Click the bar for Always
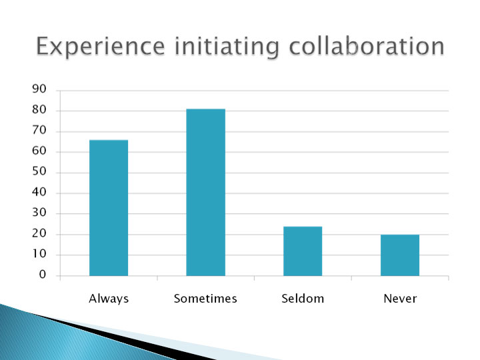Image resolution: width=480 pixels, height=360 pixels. point(109,208)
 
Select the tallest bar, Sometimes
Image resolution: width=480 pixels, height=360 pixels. point(206,192)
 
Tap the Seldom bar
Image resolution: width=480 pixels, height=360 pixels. point(303,251)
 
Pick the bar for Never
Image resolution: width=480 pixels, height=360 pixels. point(400,255)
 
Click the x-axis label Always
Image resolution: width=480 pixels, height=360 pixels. point(109,299)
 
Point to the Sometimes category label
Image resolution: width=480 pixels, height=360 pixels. point(205,299)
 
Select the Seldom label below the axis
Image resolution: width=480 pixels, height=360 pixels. point(303,299)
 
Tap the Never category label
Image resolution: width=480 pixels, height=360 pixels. point(400,299)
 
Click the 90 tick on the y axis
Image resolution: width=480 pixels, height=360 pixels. point(39,89)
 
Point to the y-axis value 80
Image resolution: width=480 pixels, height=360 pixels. point(39,109)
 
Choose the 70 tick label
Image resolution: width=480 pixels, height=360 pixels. point(39,131)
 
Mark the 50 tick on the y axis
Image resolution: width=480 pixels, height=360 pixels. point(39,171)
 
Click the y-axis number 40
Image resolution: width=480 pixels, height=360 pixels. point(39,192)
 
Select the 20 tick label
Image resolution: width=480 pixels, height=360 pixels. point(39,233)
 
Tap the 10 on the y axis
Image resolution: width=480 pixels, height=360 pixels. point(39,254)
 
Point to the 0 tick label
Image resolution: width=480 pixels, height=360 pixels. point(43,274)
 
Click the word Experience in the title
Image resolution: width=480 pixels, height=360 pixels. point(101,47)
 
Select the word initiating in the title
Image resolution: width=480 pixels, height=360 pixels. point(227,47)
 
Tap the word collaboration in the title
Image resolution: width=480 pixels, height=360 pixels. point(367,46)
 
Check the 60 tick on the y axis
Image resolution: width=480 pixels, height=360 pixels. point(39,151)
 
